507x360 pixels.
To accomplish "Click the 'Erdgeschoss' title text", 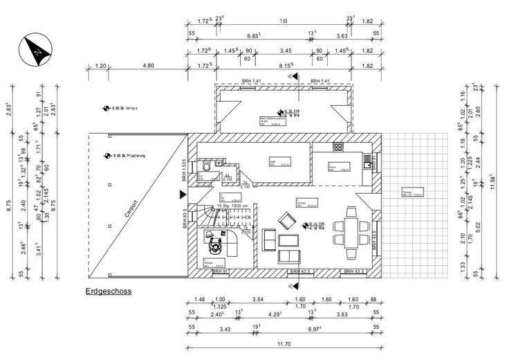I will pyautogui.click(x=109, y=292).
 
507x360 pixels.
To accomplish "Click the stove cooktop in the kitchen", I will pyautogui.click(x=338, y=147).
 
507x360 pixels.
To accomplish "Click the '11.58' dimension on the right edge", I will pyautogui.click(x=494, y=181).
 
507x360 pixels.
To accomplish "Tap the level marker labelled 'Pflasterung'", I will pyautogui.click(x=126, y=156).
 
